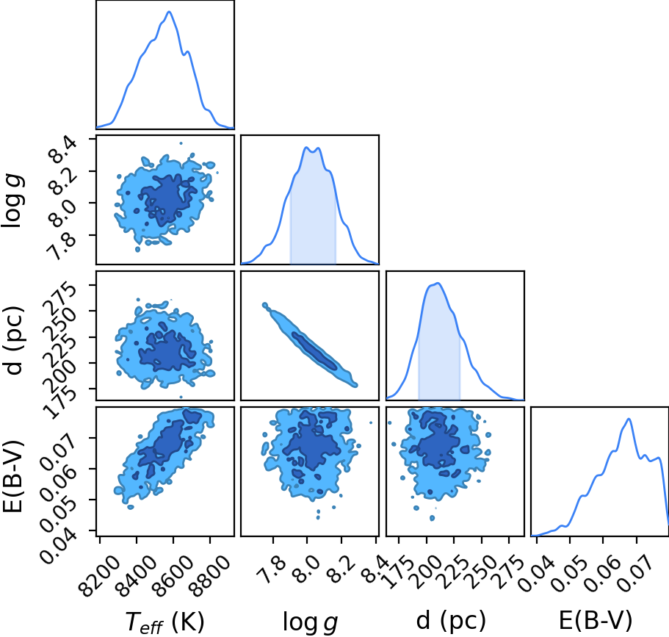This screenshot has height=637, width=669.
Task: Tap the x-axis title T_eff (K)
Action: tap(165, 622)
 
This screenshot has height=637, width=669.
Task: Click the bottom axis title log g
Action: tap(310, 622)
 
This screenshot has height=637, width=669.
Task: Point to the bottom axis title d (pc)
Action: tap(451, 621)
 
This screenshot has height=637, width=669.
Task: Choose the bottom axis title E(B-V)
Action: tap(596, 621)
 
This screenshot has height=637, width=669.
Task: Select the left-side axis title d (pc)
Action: tap(14, 340)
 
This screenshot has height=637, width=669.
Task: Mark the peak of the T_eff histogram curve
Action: tap(170, 12)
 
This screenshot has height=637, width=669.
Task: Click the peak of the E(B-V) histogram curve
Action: tap(629, 419)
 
